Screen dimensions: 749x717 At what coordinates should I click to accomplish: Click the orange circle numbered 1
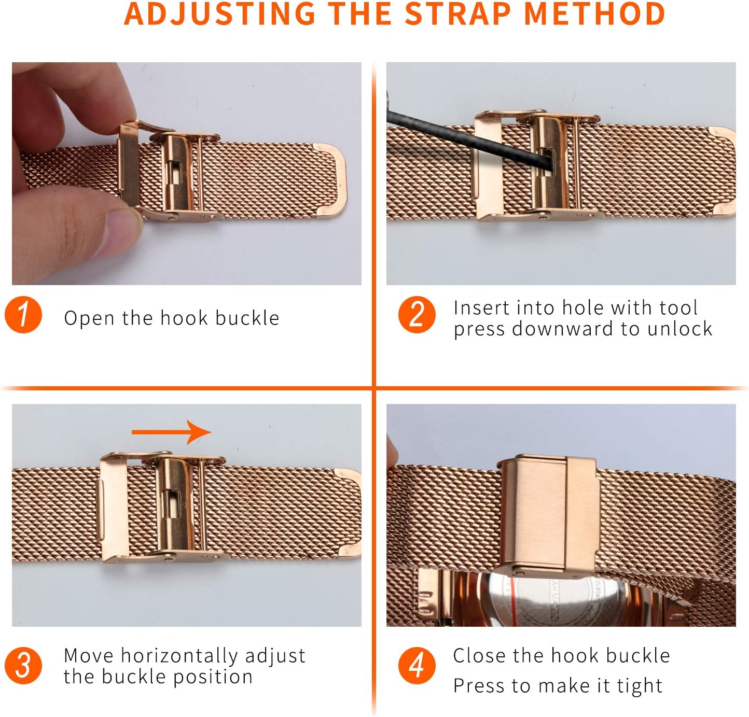23,314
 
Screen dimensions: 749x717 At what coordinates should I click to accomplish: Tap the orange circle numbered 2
417,314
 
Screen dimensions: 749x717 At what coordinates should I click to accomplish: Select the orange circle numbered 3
23,666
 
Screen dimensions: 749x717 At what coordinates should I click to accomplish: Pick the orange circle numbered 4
417,666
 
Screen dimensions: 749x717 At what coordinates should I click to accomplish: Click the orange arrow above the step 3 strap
171,432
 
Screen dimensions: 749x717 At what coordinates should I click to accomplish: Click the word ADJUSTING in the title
220,14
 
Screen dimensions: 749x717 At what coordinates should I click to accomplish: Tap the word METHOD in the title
594,14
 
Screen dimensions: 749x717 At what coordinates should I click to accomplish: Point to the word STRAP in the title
458,14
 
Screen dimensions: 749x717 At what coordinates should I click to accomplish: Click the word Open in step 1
89,318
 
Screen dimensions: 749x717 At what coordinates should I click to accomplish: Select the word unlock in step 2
679,329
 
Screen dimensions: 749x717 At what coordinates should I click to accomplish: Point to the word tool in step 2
678,308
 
